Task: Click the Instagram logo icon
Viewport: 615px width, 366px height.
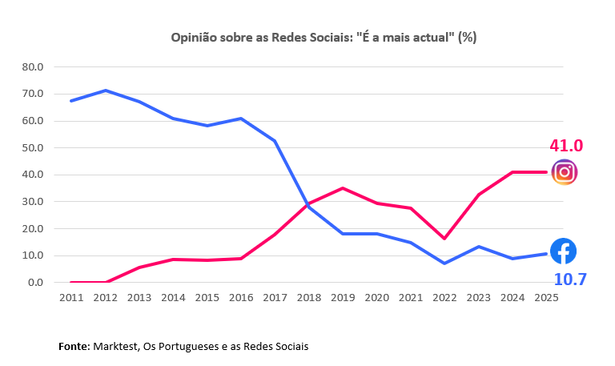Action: point(565,172)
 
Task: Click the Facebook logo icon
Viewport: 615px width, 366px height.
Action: point(563,251)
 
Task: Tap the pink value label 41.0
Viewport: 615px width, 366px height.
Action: point(565,146)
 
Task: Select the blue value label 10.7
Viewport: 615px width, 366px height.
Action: point(571,280)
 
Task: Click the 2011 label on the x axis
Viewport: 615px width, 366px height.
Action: point(71,297)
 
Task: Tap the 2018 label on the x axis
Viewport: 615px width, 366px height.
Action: point(309,297)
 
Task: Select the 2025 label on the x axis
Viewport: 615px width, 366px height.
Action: point(547,297)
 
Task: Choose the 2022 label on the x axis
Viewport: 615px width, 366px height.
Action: point(445,297)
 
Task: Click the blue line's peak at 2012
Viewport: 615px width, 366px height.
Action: point(106,90)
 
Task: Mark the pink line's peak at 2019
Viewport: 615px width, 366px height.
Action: point(344,188)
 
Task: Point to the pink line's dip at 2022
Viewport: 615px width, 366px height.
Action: point(445,239)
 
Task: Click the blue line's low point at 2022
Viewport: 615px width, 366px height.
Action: point(445,263)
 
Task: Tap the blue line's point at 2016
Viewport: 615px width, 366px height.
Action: point(241,119)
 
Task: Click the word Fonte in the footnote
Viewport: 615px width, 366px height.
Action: point(74,347)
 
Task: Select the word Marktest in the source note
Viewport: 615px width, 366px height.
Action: point(116,347)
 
